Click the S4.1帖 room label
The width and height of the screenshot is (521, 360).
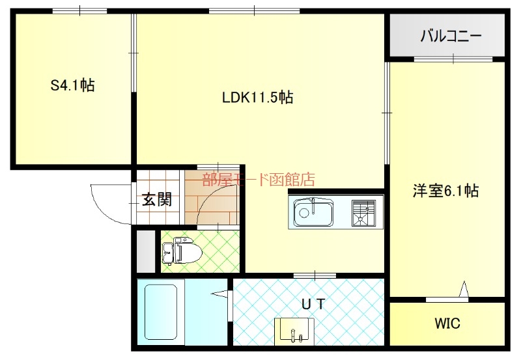(x=72, y=85)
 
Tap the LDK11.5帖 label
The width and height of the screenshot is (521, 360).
(x=257, y=97)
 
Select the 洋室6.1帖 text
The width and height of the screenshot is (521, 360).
(x=445, y=191)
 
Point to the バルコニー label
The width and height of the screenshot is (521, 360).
(x=451, y=36)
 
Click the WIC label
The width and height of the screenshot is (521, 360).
(x=447, y=323)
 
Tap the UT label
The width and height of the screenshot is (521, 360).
(x=313, y=303)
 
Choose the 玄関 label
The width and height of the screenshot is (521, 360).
(x=157, y=200)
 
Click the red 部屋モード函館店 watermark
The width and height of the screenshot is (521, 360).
(x=259, y=179)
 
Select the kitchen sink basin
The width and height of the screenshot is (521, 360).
(x=313, y=212)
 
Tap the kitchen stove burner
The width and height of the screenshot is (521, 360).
(x=363, y=212)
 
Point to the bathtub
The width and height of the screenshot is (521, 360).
(x=161, y=312)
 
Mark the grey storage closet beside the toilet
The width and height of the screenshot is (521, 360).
(x=146, y=251)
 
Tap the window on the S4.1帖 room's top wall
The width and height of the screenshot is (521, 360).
(x=79, y=11)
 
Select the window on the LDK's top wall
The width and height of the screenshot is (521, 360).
(x=254, y=11)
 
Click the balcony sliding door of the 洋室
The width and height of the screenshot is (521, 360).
(x=453, y=59)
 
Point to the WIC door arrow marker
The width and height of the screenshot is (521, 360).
(x=464, y=289)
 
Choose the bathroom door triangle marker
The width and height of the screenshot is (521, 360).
(x=220, y=294)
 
